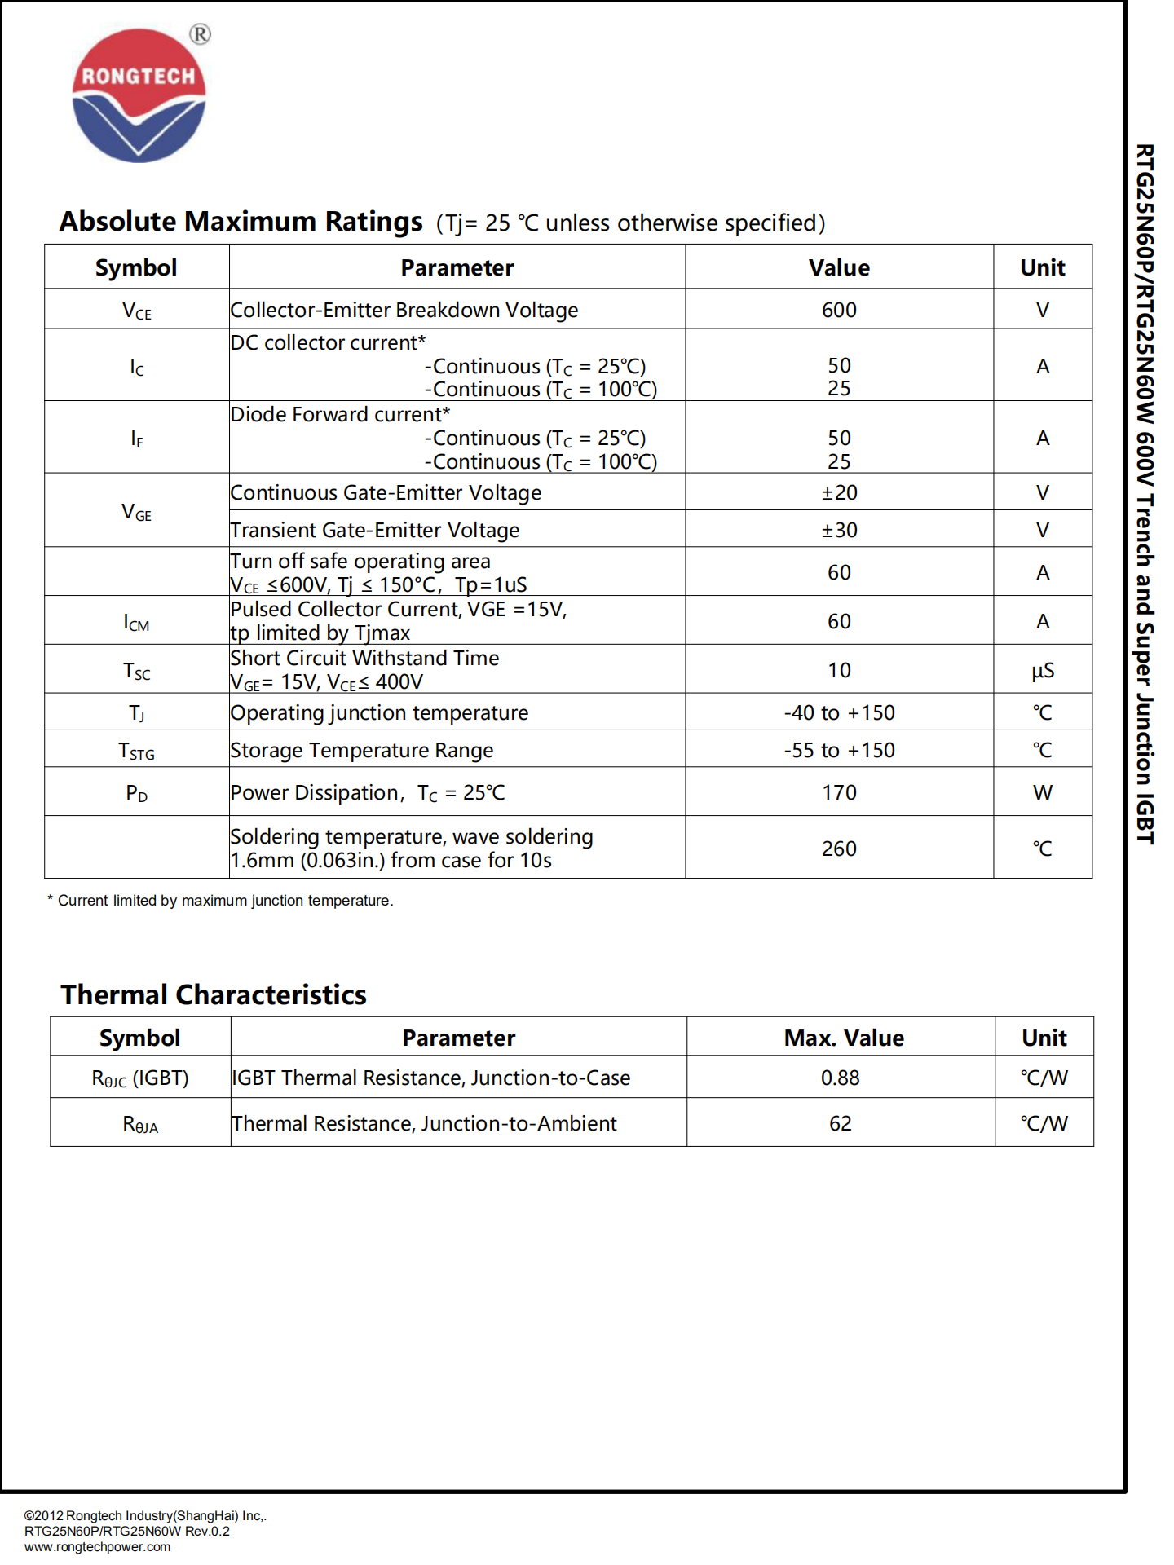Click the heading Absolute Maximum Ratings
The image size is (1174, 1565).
pyautogui.click(x=241, y=222)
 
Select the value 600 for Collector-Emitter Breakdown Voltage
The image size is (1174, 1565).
pyautogui.click(x=839, y=311)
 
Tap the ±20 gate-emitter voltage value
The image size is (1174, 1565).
pyautogui.click(x=839, y=493)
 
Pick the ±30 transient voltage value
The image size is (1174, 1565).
pyautogui.click(x=839, y=531)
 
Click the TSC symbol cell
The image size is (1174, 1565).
pyautogui.click(x=137, y=671)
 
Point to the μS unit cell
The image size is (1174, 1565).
pyautogui.click(x=1043, y=671)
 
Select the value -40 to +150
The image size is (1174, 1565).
pyautogui.click(x=839, y=713)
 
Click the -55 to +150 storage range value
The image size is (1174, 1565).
pyautogui.click(x=839, y=751)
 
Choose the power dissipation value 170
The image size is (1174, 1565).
pyautogui.click(x=839, y=793)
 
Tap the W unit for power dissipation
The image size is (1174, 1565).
pyautogui.click(x=1043, y=793)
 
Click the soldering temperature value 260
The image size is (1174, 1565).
pyautogui.click(x=839, y=849)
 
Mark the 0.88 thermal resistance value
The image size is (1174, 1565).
pyautogui.click(x=840, y=1078)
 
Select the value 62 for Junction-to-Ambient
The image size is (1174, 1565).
pyautogui.click(x=840, y=1124)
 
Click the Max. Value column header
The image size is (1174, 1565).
pyautogui.click(x=844, y=1038)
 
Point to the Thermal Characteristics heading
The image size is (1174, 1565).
pyautogui.click(x=214, y=995)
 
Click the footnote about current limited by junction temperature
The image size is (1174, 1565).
pyautogui.click(x=221, y=901)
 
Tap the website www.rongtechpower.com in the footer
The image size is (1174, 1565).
pyautogui.click(x=98, y=1547)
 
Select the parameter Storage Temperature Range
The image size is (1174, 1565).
pyautogui.click(x=362, y=751)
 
